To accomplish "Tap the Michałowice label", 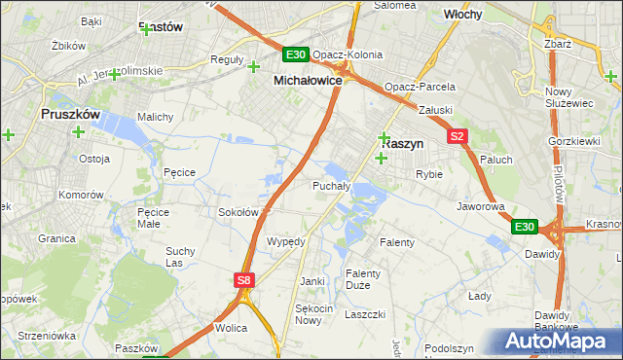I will (x=308, y=81).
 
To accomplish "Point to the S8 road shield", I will (x=244, y=280).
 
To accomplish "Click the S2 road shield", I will (x=458, y=137).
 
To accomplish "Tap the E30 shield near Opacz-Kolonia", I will (x=297, y=54).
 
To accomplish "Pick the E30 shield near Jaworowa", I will (x=525, y=227).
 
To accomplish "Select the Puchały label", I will (x=331, y=185).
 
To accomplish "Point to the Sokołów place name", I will (x=238, y=211).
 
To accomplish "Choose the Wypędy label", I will (x=286, y=241).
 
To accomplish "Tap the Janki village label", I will (x=312, y=281).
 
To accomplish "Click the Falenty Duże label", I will (x=363, y=279).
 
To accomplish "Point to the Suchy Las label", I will (x=180, y=256).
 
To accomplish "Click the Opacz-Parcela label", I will (x=420, y=87).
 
